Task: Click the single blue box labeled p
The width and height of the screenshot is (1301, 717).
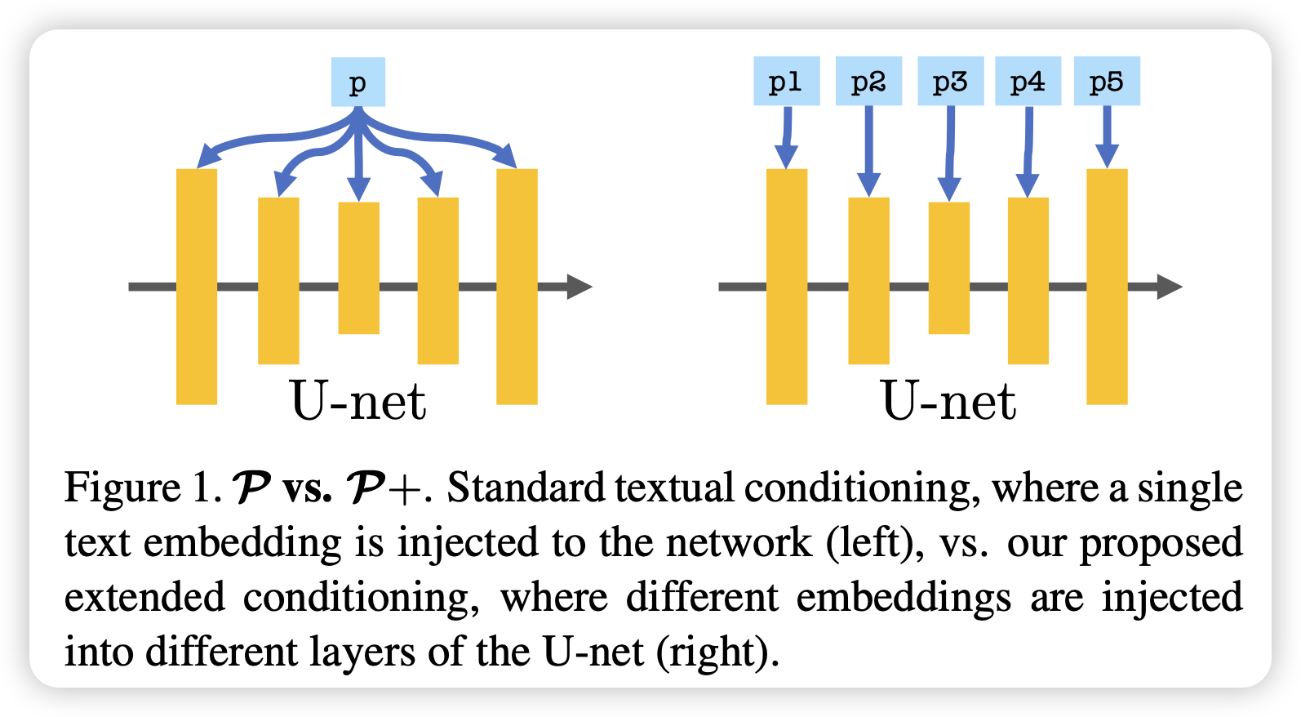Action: [x=357, y=82]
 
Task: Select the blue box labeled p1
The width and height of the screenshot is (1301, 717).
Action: [x=787, y=81]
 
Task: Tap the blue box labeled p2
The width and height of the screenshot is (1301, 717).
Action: [x=868, y=81]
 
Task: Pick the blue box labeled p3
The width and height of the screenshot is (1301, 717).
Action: [x=950, y=81]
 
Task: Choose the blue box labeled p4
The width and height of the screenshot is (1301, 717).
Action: [x=1028, y=81]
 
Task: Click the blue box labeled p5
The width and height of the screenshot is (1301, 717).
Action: [x=1107, y=81]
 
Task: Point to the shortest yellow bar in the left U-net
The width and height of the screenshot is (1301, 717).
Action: [x=359, y=268]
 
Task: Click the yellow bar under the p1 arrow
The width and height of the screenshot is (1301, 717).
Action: [x=787, y=287]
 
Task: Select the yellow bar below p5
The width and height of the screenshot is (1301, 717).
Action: [x=1107, y=287]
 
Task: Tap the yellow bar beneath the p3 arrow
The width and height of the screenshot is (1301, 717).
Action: [x=949, y=268]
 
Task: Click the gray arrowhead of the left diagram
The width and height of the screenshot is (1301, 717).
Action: [x=579, y=287]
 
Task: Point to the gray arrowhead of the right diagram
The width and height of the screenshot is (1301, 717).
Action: [x=1169, y=287]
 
